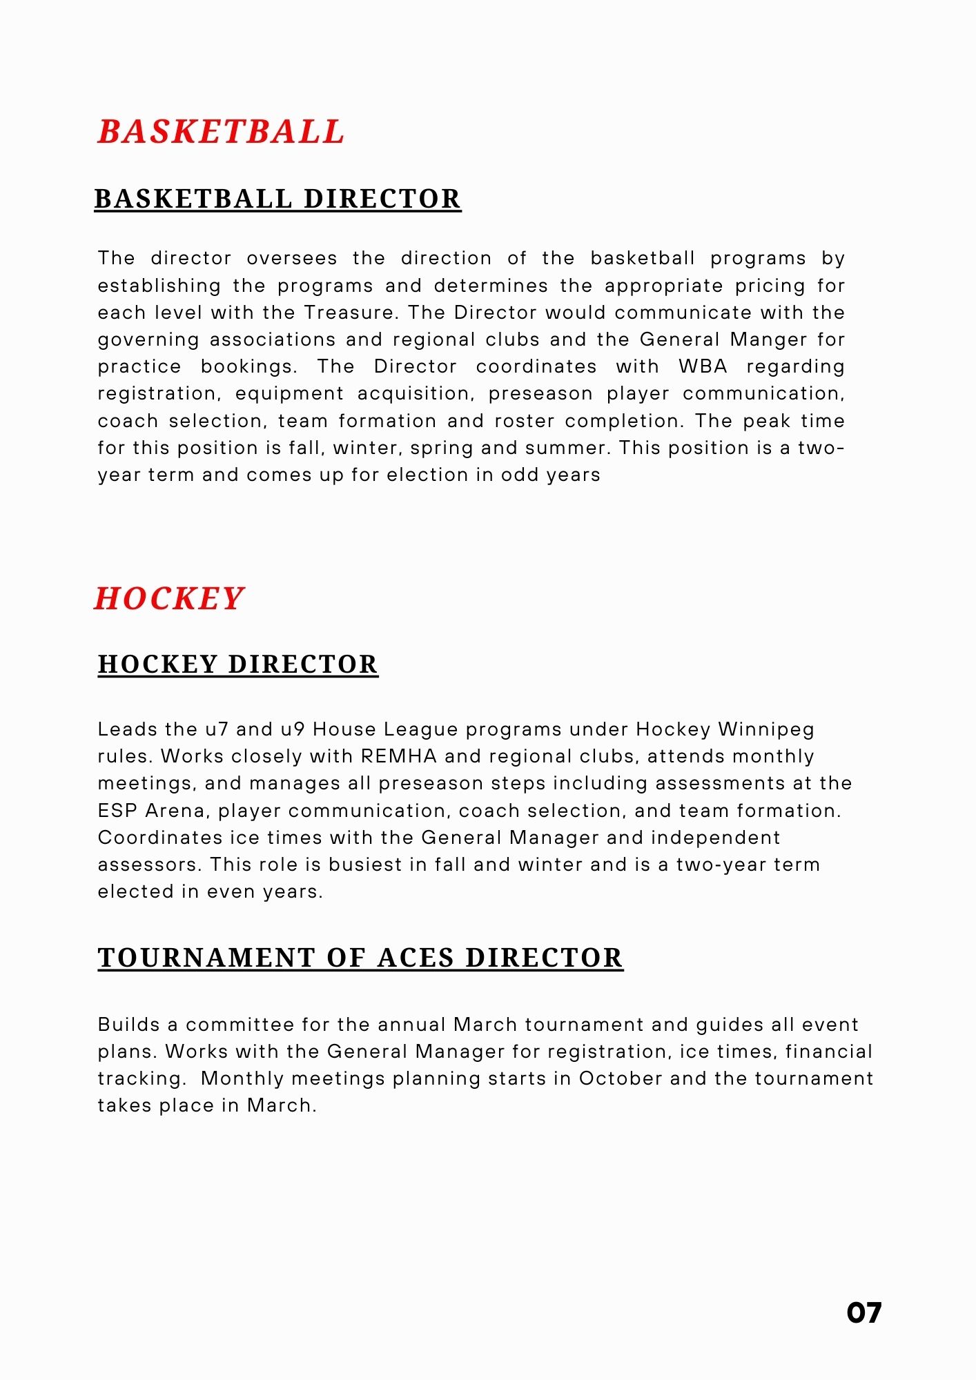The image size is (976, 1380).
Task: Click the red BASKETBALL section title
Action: pyautogui.click(x=221, y=131)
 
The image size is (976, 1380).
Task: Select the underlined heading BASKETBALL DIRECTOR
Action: pyautogui.click(x=277, y=199)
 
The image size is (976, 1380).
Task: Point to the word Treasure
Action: pyautogui.click(x=350, y=313)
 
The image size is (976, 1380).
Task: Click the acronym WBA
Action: pyautogui.click(x=703, y=366)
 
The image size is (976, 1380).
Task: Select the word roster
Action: pyautogui.click(x=523, y=421)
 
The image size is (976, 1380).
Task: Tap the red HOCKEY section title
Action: pyautogui.click(x=169, y=598)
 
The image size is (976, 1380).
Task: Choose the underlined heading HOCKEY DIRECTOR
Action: pyautogui.click(x=238, y=664)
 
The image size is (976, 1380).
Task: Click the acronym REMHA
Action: pyautogui.click(x=399, y=756)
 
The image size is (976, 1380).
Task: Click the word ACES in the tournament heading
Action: pyautogui.click(x=416, y=958)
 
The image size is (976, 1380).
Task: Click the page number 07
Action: pyautogui.click(x=863, y=1313)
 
